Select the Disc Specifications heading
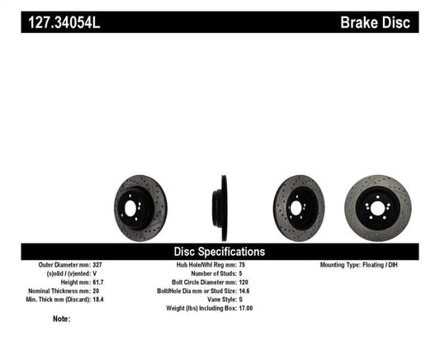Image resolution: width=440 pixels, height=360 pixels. pos(219,251)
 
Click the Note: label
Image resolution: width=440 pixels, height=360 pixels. pos(61,319)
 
